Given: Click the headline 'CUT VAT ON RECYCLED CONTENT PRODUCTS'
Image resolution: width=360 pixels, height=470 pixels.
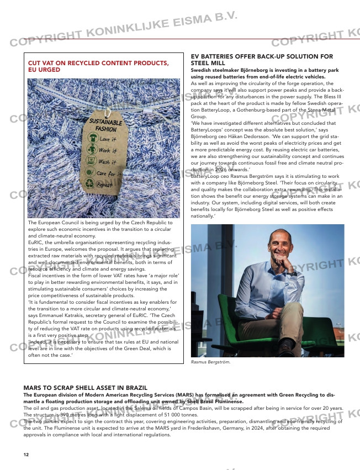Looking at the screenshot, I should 98,64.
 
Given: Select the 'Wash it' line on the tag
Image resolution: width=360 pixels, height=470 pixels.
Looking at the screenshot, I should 107,162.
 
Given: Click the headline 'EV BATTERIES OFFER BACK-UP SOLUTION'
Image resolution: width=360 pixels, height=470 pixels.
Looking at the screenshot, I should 262,56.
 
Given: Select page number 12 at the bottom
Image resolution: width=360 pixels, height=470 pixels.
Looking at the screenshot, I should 26,455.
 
